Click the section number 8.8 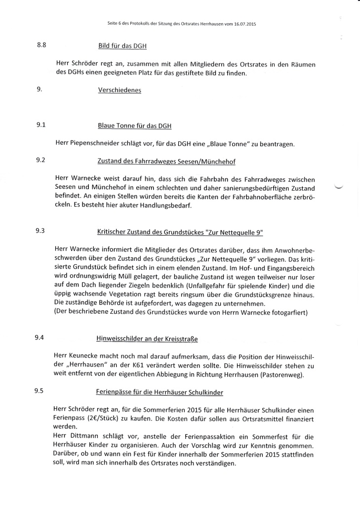pos(41,45)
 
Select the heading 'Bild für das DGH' pos(122,46)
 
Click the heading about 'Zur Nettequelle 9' pos(180,232)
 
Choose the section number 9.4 pos(40,337)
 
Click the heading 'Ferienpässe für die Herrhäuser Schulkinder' pos(159,392)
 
